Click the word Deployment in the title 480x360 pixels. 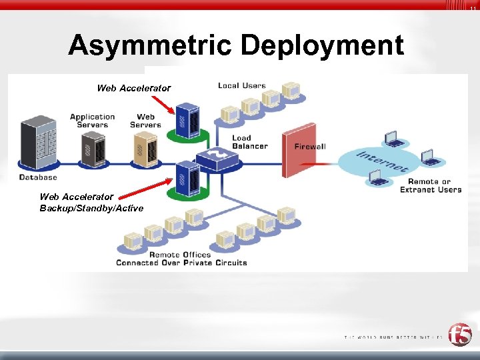(x=322, y=46)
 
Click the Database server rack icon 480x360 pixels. (x=37, y=144)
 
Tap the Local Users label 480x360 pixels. (x=241, y=85)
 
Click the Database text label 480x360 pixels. (x=38, y=177)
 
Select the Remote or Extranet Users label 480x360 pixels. (x=430, y=185)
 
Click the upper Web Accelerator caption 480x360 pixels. (x=133, y=88)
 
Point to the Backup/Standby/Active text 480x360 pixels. (x=91, y=208)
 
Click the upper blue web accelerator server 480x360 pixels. (x=187, y=119)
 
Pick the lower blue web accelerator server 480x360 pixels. (x=187, y=177)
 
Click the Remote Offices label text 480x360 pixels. (x=180, y=254)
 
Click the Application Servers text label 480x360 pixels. (x=92, y=121)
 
